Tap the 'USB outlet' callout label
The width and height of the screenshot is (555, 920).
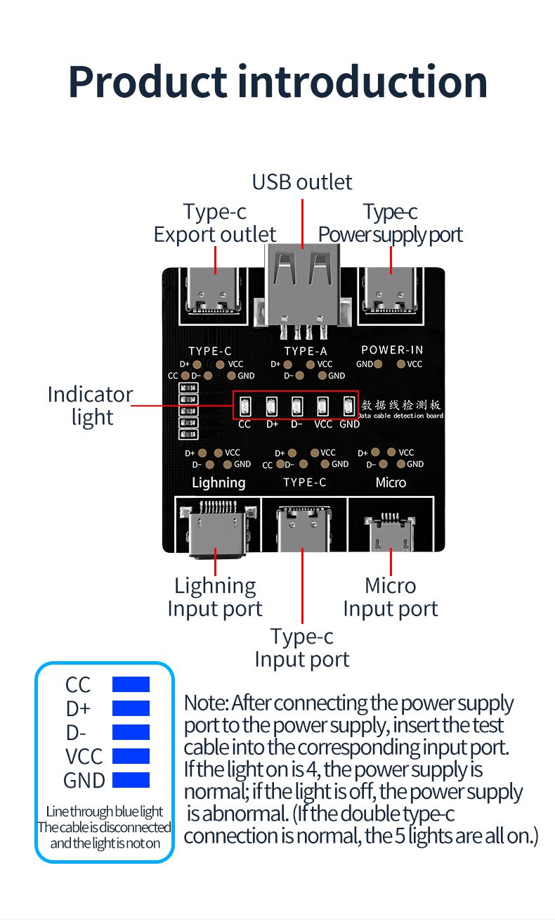[x=302, y=182]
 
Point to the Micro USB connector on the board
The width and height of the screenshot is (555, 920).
[x=391, y=534]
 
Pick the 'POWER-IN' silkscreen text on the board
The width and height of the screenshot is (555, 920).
[x=392, y=350]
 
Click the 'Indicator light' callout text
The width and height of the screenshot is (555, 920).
[x=90, y=406]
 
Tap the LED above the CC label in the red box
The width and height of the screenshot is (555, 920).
[x=244, y=407]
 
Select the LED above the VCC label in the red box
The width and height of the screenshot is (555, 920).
[x=322, y=407]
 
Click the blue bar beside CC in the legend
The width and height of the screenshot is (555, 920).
[x=131, y=684]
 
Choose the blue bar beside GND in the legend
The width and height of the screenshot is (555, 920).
[x=131, y=780]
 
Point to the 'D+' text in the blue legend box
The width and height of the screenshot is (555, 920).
[x=78, y=708]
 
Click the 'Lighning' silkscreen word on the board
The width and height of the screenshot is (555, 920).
[x=218, y=483]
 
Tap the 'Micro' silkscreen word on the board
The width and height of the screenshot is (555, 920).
[x=391, y=483]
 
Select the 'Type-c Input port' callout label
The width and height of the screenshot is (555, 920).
[x=302, y=648]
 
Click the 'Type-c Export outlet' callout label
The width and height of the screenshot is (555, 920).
[x=215, y=223]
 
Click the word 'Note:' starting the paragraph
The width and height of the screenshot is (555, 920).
[x=206, y=703]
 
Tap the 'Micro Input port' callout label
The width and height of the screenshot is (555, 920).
[x=391, y=597]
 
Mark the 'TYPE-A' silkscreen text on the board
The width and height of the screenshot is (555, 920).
[x=306, y=350]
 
